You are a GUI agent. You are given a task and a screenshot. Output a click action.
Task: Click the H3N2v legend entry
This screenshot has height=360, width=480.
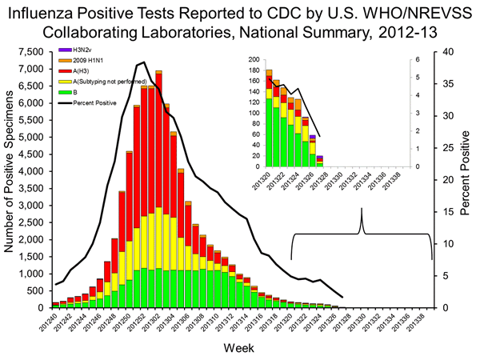[x=80, y=50]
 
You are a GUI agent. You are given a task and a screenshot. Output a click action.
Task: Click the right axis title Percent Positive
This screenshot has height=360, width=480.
[x=465, y=178]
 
